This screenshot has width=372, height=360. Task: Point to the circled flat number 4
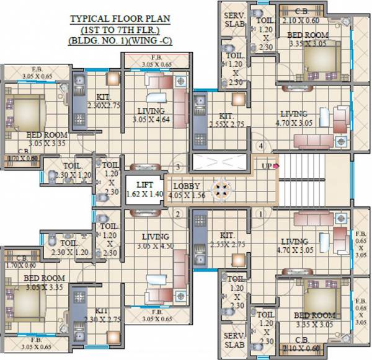pos(262,146)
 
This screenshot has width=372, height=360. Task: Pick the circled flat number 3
pos(178,167)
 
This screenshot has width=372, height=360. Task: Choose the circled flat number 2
pos(178,214)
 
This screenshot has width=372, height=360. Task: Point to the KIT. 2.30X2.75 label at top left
pos(104,101)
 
